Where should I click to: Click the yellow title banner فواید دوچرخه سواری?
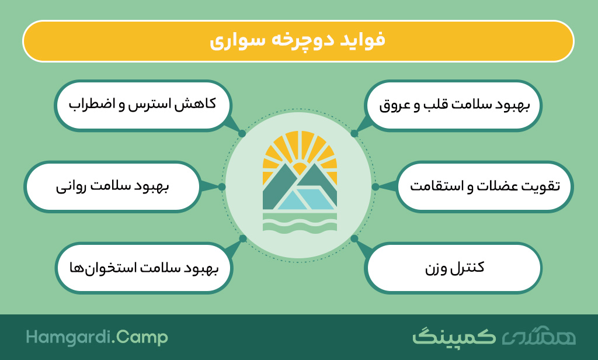[x=298, y=41]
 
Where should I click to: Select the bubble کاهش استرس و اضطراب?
[x=142, y=105]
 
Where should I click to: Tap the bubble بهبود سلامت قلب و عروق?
[x=454, y=105]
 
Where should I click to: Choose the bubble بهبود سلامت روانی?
[x=113, y=186]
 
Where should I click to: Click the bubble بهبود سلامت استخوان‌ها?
[x=144, y=268]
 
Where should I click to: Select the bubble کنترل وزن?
[x=454, y=268]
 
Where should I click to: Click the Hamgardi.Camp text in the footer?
[x=97, y=337]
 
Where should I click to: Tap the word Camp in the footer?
[x=141, y=338]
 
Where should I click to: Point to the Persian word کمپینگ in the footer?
[x=454, y=336]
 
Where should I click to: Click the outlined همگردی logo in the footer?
[x=538, y=336]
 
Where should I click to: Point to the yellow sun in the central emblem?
[x=300, y=168]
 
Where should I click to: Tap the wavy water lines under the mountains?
[x=300, y=223]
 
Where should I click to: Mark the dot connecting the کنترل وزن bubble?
[x=354, y=238]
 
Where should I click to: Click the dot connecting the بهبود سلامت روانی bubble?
[x=222, y=186]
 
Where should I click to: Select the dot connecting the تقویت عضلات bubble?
[x=376, y=186]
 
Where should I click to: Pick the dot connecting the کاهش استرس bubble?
[x=242, y=134]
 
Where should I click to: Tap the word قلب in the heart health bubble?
[x=434, y=105]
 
